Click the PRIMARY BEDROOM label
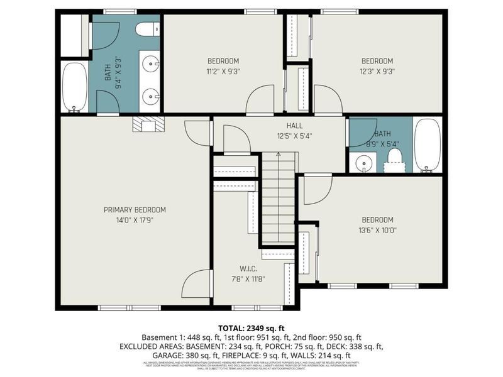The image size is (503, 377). pos(135,210)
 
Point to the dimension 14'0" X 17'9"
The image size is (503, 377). pos(135,220)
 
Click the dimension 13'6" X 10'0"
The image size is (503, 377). pos(377,230)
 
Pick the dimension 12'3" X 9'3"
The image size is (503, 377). pos(377,71)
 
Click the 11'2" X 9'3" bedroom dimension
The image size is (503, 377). pos(224,71)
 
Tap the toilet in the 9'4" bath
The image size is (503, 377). pos(147,29)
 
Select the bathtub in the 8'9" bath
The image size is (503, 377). pos(428,146)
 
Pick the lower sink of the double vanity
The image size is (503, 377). pos(150,96)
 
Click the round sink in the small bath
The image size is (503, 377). pos(363,164)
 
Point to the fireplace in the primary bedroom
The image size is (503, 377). pos(148,125)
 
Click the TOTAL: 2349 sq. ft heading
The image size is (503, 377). pos(251,327)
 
